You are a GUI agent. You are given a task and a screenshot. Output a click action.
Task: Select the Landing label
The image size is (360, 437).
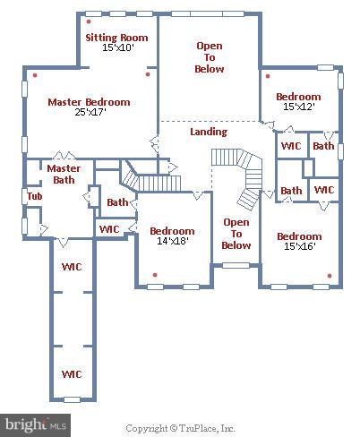[x=209, y=132]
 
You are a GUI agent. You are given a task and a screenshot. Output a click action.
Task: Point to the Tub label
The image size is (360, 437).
[x=34, y=196]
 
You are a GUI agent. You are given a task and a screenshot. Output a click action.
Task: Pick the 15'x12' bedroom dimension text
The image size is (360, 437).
[x=297, y=107]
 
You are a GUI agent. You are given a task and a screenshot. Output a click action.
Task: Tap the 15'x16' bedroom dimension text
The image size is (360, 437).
[x=298, y=248]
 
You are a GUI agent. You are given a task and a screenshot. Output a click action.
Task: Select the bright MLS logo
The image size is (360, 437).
[x=36, y=422]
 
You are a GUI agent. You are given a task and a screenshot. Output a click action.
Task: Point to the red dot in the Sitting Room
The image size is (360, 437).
[x=87, y=16]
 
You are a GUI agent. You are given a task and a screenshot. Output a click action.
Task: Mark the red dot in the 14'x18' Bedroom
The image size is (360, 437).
[x=155, y=275]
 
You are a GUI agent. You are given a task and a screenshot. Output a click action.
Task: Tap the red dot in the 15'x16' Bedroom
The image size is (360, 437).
[x=330, y=275]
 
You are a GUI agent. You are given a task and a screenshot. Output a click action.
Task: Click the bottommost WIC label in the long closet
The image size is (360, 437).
[x=72, y=373]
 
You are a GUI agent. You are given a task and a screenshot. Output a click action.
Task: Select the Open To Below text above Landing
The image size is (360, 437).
[x=210, y=57]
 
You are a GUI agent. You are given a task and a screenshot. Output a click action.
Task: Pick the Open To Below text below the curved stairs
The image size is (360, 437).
[x=236, y=234]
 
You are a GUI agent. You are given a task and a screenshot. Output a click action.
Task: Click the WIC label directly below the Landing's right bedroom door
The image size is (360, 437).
[x=290, y=146]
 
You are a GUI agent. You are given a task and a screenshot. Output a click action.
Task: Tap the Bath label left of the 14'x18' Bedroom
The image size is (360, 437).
[x=117, y=202]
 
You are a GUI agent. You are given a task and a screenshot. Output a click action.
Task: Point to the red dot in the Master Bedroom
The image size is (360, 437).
[x=34, y=75]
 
